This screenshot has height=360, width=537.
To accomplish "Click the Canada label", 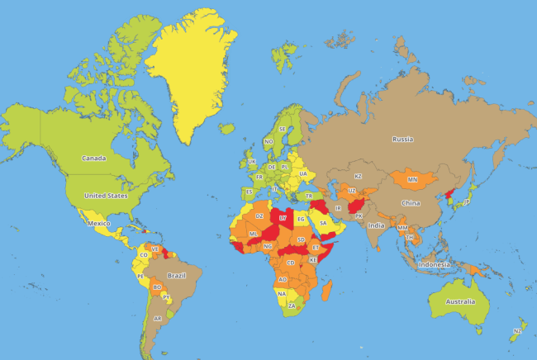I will pyautogui.click(x=93, y=158).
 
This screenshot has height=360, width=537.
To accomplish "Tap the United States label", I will pyautogui.click(x=107, y=196).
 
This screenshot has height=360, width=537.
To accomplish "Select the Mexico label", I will pyautogui.click(x=99, y=223).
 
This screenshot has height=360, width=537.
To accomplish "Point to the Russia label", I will pyautogui.click(x=402, y=139).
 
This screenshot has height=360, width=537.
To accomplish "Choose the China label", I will pyautogui.click(x=411, y=202).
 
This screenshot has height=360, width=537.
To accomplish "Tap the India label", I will pyautogui.click(x=376, y=225).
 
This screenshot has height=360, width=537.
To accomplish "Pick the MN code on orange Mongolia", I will pyautogui.click(x=413, y=179).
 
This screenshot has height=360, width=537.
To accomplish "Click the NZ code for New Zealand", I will pyautogui.click(x=517, y=331).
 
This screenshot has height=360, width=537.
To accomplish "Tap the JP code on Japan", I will pyautogui.click(x=467, y=201).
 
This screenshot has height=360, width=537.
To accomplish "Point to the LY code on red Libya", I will pyautogui.click(x=283, y=217).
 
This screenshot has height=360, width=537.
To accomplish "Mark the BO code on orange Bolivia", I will pyautogui.click(x=157, y=287).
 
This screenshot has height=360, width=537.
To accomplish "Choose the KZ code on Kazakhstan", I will pyautogui.click(x=358, y=176).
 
